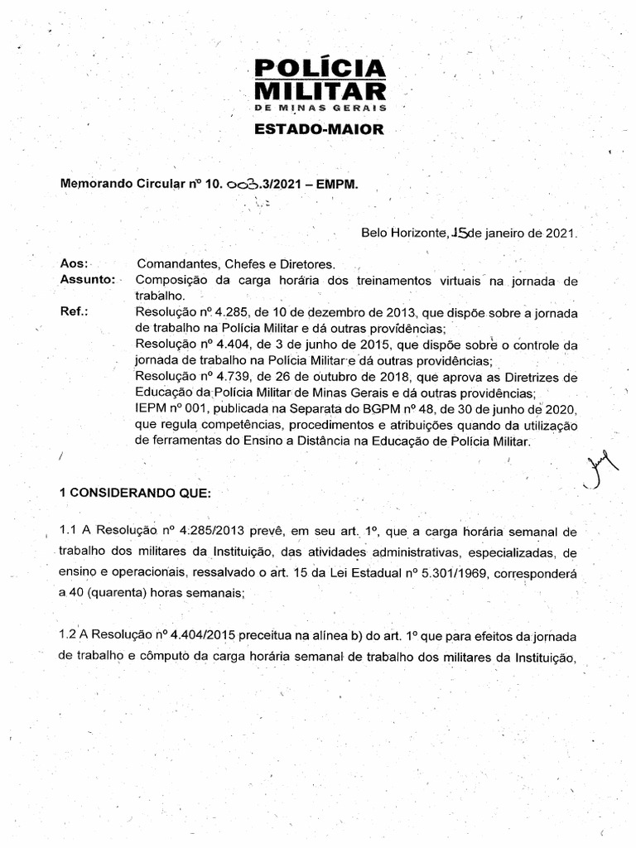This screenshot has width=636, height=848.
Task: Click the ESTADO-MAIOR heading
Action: coord(319,130)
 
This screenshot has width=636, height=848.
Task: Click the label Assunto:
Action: coord(88,279)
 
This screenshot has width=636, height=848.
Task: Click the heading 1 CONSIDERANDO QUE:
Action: coord(135,492)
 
